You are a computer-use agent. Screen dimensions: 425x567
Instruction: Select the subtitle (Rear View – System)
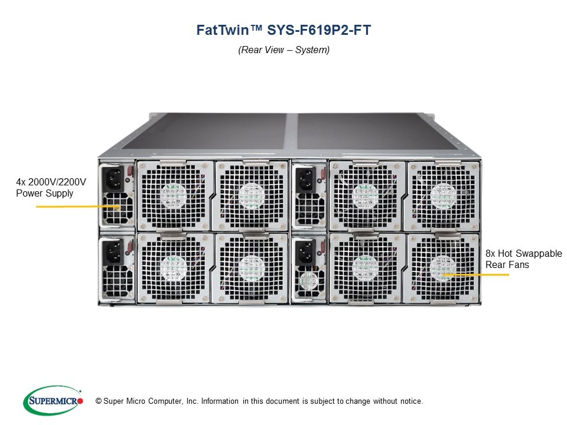(283, 50)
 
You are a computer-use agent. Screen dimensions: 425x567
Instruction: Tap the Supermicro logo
(53, 401)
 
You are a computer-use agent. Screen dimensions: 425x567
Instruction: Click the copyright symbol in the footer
(90, 401)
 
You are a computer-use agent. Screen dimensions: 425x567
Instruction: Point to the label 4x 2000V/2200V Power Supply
(51, 187)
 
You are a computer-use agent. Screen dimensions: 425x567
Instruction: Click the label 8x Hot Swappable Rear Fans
(523, 259)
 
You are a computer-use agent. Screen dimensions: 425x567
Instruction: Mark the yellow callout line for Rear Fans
(475, 275)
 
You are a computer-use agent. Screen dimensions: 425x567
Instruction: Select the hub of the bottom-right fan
(442, 267)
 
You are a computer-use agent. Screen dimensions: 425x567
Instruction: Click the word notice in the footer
(410, 401)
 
